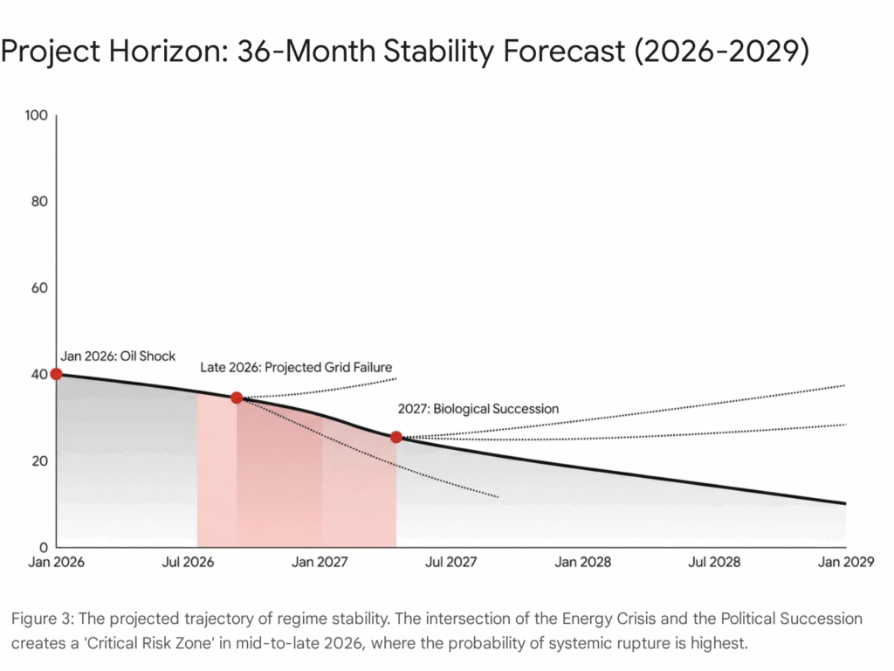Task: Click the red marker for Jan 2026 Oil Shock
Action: [57, 374]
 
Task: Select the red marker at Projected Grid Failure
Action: [237, 398]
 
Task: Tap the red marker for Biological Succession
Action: [396, 437]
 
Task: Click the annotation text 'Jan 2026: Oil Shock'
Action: [118, 356]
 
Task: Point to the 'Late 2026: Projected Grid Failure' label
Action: [296, 368]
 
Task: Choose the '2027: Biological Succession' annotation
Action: [478, 408]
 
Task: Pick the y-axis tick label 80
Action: [38, 202]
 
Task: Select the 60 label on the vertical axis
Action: [38, 288]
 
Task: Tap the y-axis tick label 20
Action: [38, 460]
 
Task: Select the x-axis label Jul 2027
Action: [450, 562]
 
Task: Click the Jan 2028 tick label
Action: [582, 562]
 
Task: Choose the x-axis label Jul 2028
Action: [713, 562]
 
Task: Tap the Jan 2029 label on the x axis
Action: [845, 562]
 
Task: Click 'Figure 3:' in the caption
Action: [40, 619]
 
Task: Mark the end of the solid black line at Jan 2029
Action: [845, 503]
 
